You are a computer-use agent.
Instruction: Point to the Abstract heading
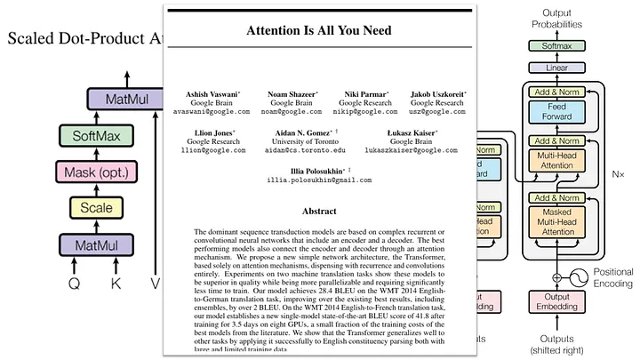(320, 212)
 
